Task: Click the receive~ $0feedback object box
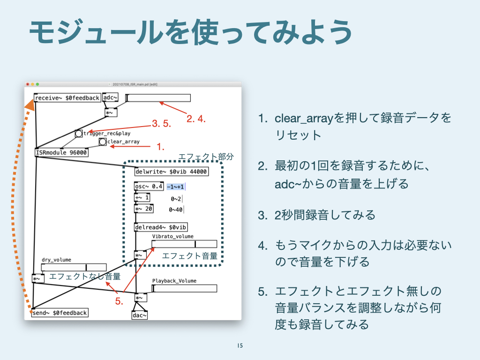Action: pyautogui.click(x=67, y=97)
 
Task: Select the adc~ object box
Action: pyautogui.click(x=110, y=97)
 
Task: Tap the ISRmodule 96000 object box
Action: pyautogui.click(x=61, y=152)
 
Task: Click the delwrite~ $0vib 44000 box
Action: pyautogui.click(x=171, y=172)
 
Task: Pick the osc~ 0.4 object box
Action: pyautogui.click(x=149, y=186)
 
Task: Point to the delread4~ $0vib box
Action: pyautogui.click(x=161, y=227)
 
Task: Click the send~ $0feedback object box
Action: pyautogui.click(x=60, y=313)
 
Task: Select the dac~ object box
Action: pyautogui.click(x=140, y=315)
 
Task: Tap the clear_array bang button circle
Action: pyautogui.click(x=103, y=142)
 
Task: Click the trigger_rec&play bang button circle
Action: pyautogui.click(x=79, y=134)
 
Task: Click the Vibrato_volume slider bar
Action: pyautogui.click(x=184, y=244)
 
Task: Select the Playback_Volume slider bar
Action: pyautogui.click(x=184, y=288)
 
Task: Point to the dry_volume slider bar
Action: pyautogui.click(x=74, y=267)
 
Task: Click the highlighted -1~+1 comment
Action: pyautogui.click(x=175, y=187)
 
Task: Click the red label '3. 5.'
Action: pyautogui.click(x=163, y=124)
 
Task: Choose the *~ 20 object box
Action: pyautogui.click(x=143, y=209)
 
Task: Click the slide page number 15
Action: pyautogui.click(x=240, y=346)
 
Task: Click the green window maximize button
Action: pyautogui.click(x=38, y=84)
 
